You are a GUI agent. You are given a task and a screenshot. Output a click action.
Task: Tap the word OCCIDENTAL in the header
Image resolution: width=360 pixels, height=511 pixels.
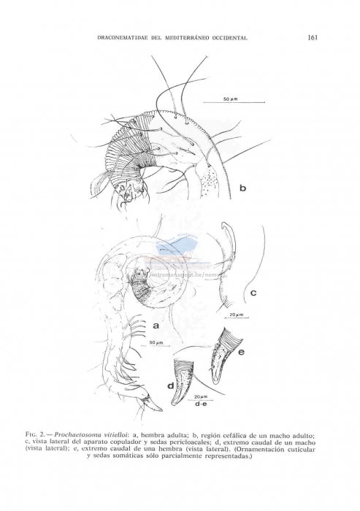click(229, 39)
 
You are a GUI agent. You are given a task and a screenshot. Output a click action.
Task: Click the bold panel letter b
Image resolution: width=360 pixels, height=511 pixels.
click(243, 188)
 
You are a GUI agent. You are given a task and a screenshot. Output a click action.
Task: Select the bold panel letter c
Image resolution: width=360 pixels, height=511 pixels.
click(254, 293)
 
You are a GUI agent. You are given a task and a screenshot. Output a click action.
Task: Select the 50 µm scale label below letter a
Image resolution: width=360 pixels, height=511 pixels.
click(155, 342)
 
